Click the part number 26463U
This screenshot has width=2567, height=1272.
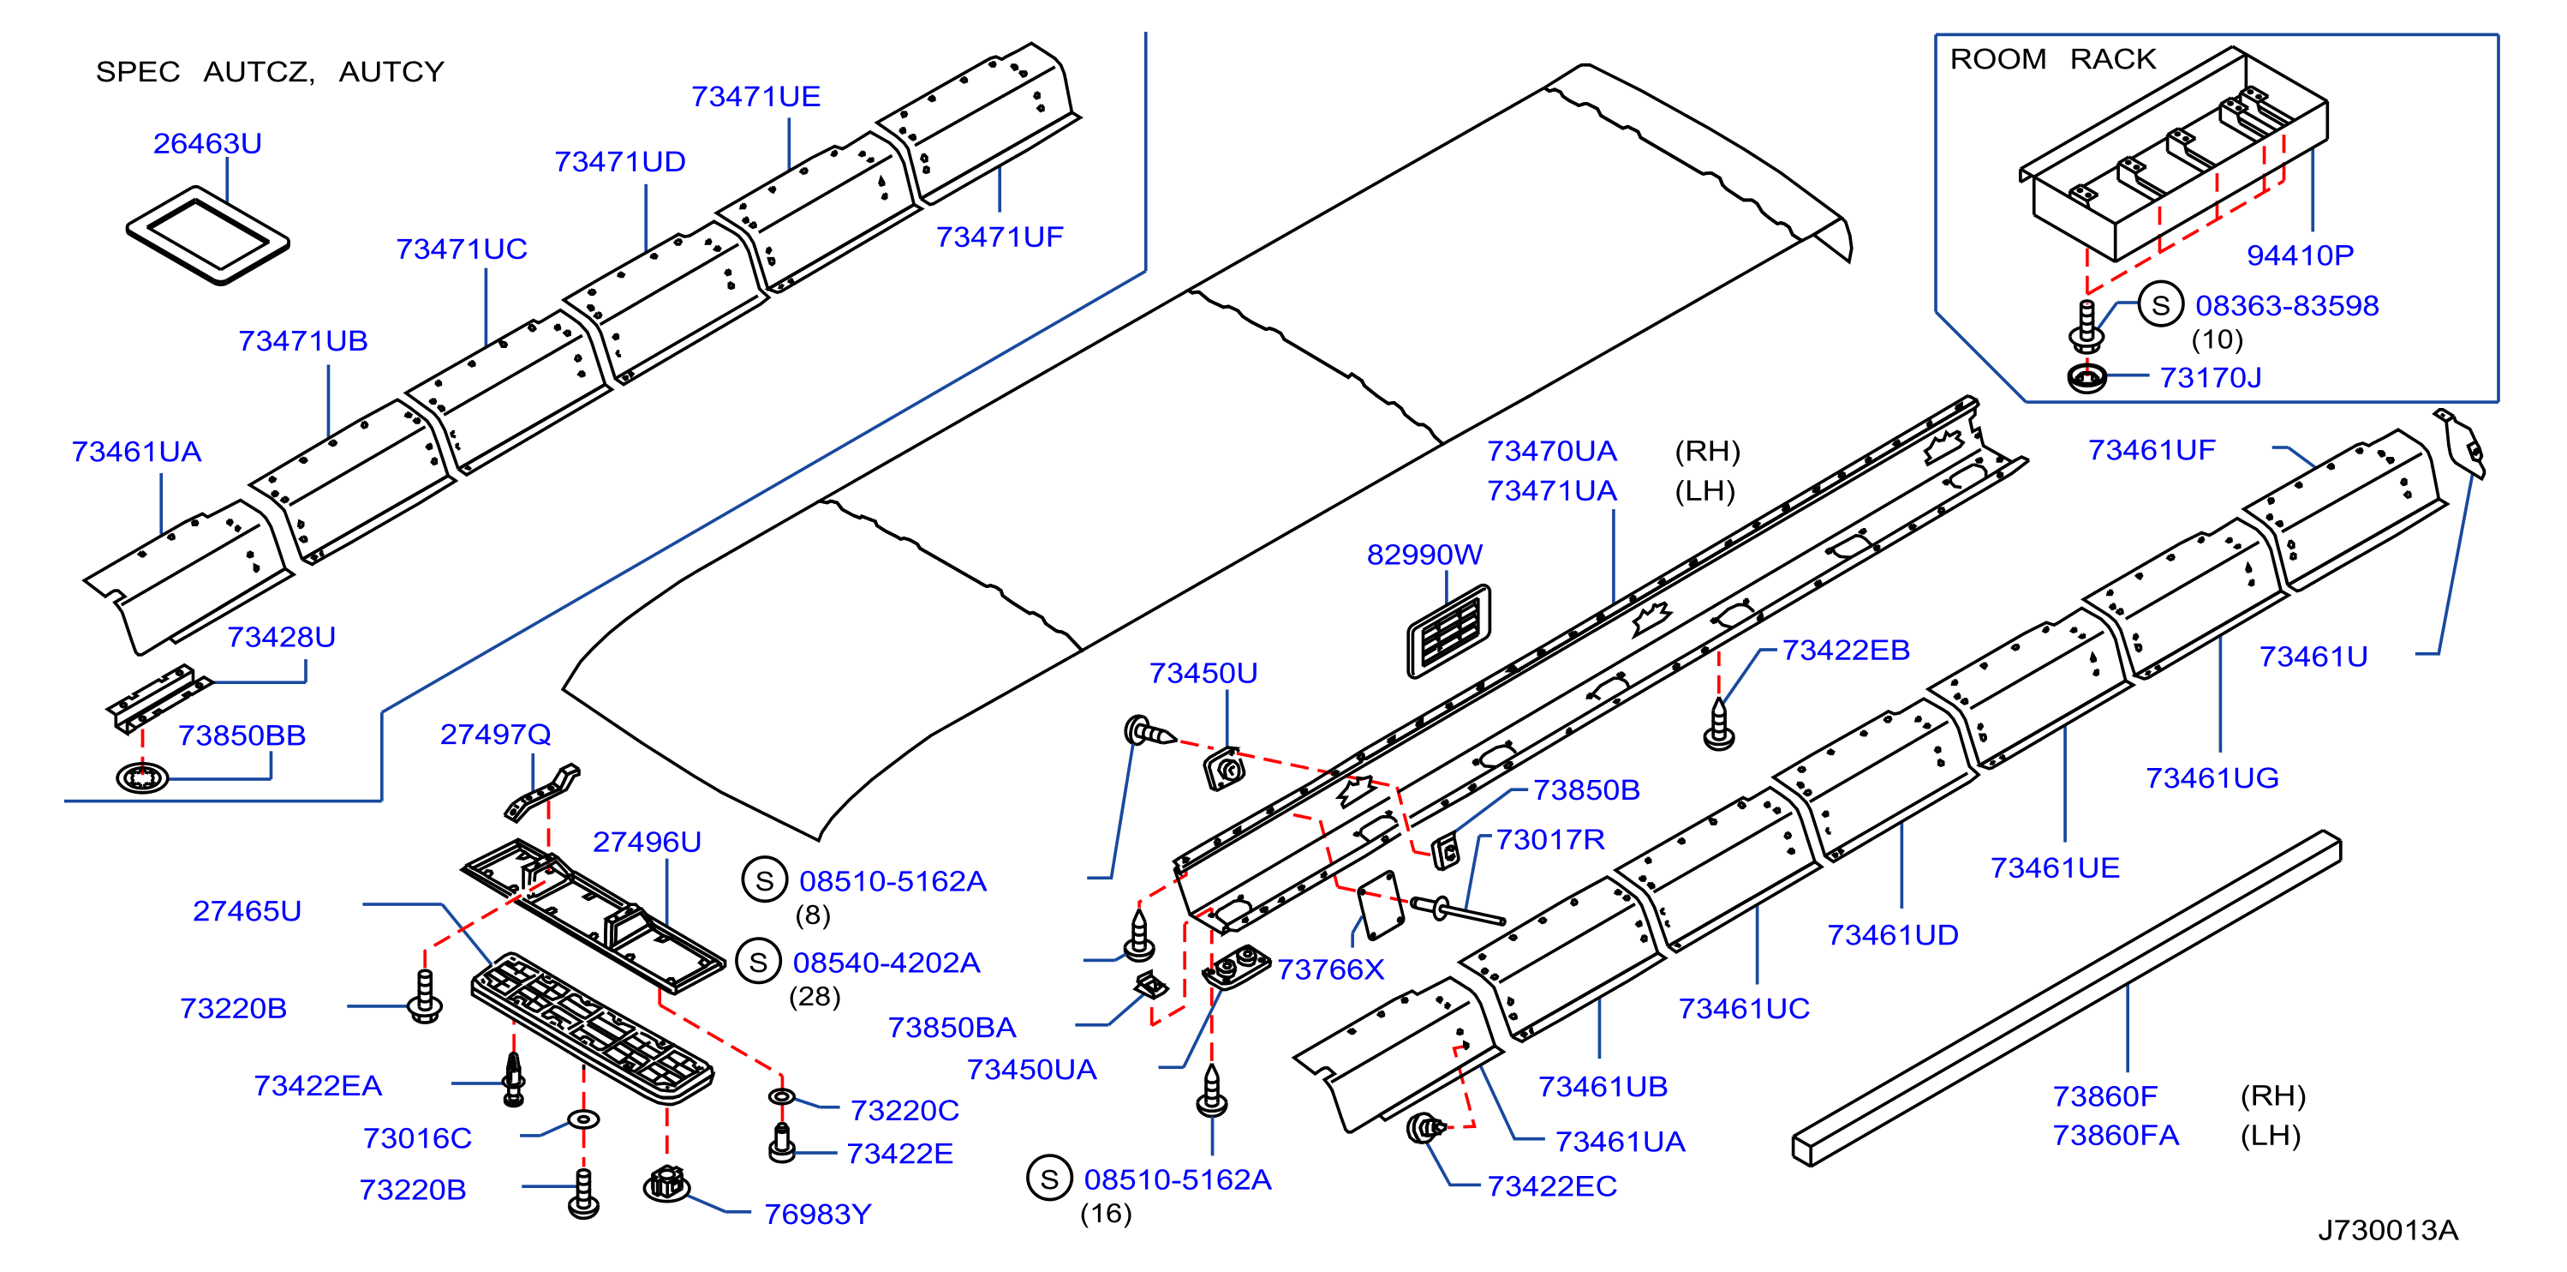(207, 143)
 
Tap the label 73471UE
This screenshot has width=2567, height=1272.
(755, 97)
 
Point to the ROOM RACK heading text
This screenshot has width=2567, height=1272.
(2052, 60)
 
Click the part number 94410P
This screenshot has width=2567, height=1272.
(2299, 255)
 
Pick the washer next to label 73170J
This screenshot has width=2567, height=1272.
(2086, 378)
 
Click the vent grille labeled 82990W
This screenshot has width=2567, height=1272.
(1449, 630)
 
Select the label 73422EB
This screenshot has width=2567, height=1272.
(1846, 650)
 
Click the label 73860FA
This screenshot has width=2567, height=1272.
(2115, 1136)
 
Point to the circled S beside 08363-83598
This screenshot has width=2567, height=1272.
(2160, 305)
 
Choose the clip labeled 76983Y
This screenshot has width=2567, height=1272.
(666, 1183)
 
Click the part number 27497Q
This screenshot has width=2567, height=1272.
(495, 735)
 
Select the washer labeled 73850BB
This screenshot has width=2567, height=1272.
(141, 777)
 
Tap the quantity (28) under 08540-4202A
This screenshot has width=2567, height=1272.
(815, 996)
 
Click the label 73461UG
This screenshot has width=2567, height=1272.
(2212, 778)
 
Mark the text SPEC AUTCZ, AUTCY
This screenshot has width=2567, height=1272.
(269, 72)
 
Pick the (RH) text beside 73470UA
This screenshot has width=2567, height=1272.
(1707, 452)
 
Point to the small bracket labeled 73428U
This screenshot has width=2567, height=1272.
(159, 698)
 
